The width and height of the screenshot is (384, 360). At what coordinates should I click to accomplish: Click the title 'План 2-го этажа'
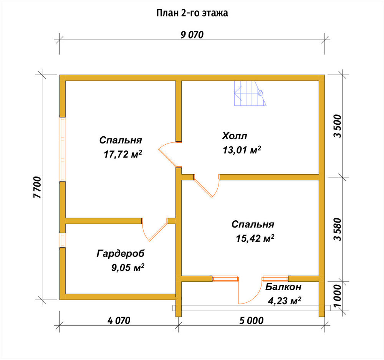[192, 13]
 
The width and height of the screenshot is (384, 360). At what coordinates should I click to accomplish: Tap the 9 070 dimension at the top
[192, 35]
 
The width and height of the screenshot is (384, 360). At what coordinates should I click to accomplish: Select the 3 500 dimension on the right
[337, 126]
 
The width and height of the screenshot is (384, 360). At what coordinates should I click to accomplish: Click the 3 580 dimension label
[337, 230]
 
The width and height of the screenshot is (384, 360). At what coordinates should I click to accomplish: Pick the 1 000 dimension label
[337, 295]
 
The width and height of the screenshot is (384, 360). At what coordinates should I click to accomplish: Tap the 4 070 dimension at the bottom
[119, 320]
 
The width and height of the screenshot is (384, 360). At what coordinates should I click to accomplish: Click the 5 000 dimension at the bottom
[252, 320]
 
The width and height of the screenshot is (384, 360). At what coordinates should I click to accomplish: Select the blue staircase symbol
[250, 93]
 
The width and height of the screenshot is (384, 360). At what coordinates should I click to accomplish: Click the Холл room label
[235, 136]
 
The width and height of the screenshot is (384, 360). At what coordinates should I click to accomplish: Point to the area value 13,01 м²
[242, 150]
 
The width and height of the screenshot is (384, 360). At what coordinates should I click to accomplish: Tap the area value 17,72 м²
[123, 154]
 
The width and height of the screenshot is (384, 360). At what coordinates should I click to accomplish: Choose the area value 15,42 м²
[255, 238]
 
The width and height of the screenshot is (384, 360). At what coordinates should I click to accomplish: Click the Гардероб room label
[121, 254]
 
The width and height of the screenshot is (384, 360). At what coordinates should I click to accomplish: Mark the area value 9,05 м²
[127, 268]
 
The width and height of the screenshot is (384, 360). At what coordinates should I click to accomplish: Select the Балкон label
[283, 287]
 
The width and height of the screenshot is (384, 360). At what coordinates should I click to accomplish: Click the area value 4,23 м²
[285, 301]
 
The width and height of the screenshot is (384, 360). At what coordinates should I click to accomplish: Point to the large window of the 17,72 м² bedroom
[63, 149]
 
